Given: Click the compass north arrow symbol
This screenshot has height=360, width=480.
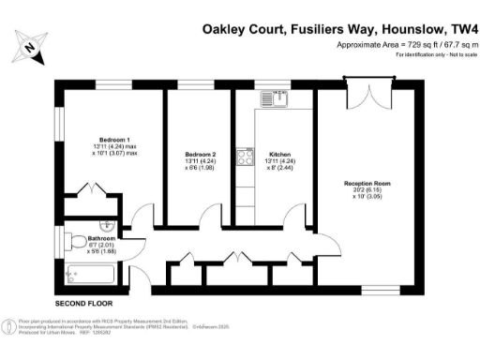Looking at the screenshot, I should click(32, 46).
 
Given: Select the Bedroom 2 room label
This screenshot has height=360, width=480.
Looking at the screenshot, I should click(201, 154).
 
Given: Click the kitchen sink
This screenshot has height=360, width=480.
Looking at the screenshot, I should click(272, 97).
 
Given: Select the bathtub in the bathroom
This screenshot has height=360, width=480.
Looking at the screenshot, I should click(91, 276).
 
